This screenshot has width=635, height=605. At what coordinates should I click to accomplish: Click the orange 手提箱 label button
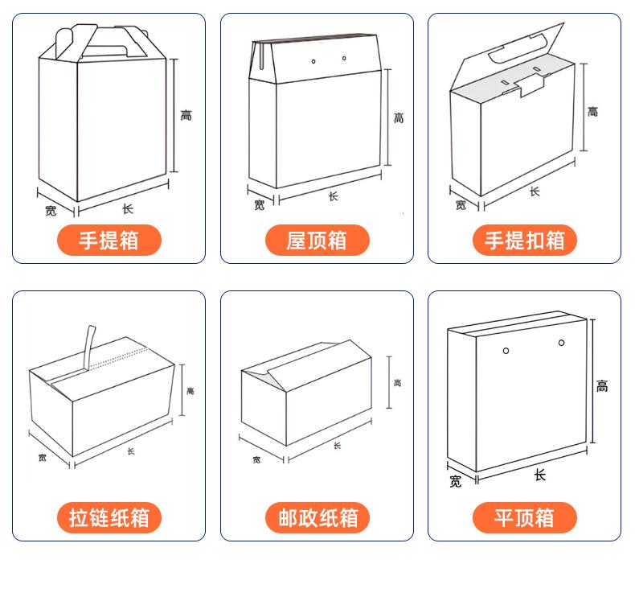109,241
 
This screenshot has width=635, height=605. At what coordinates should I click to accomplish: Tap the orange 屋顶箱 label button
317,241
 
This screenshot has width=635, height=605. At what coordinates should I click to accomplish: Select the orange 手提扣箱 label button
524,241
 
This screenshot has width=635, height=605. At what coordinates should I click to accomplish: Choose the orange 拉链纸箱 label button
109,517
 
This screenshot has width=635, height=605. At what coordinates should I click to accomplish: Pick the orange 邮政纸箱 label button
317,517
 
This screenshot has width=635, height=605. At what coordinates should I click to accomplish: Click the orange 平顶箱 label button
524,517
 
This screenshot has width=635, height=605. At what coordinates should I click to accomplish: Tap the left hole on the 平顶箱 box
506,350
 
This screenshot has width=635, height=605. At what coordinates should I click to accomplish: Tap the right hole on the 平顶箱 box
562,344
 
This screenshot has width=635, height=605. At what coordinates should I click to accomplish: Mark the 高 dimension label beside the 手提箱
186,116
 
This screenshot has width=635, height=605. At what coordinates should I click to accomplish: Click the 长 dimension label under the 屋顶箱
333,196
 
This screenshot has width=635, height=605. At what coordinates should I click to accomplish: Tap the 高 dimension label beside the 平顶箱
602,386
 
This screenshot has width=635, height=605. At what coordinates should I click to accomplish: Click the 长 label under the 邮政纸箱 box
337,446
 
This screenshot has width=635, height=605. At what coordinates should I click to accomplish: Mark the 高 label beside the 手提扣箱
592,112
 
